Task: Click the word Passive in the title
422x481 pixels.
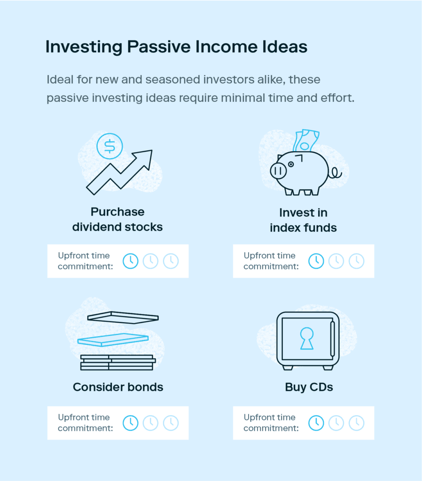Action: pyautogui.click(x=159, y=47)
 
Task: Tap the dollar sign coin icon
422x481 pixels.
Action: pyautogui.click(x=109, y=146)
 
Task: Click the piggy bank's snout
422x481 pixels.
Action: pyautogui.click(x=278, y=171)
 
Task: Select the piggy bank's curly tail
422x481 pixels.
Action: pyautogui.click(x=336, y=173)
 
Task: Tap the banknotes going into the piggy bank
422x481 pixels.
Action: pyautogui.click(x=305, y=140)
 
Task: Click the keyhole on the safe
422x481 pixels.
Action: pyautogui.click(x=306, y=338)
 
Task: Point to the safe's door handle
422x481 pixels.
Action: pyautogui.click(x=332, y=339)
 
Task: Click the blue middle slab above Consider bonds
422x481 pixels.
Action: pyautogui.click(x=113, y=340)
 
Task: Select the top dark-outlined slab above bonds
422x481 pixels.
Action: pyautogui.click(x=123, y=318)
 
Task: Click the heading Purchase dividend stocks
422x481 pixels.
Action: pyautogui.click(x=117, y=219)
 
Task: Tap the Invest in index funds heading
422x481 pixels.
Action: pyautogui.click(x=303, y=220)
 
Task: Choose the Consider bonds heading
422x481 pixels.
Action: pyautogui.click(x=118, y=387)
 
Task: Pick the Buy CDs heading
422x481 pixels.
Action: pyautogui.click(x=309, y=387)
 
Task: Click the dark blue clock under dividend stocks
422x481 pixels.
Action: pyautogui.click(x=131, y=261)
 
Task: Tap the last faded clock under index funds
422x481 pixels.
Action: pyautogui.click(x=357, y=261)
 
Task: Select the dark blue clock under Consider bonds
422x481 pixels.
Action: pyautogui.click(x=131, y=423)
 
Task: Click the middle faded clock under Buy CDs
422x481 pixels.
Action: pyautogui.click(x=336, y=423)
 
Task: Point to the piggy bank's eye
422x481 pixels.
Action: pyautogui.click(x=290, y=164)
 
